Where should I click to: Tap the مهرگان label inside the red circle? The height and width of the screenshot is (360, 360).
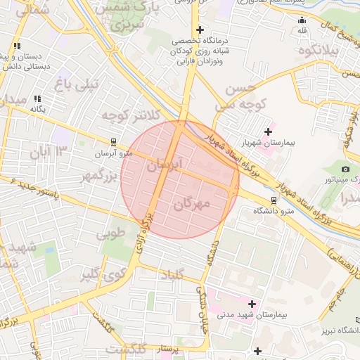(191, 205)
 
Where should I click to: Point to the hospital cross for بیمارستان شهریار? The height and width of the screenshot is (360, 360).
(268, 131)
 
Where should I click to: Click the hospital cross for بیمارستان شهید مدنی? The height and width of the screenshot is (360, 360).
(252, 304)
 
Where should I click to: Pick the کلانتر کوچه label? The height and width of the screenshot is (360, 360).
(131, 115)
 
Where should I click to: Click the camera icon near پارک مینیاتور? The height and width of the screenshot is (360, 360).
(345, 169)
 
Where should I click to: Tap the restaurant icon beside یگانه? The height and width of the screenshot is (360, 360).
(37, 99)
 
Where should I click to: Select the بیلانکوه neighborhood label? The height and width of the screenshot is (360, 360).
(318, 51)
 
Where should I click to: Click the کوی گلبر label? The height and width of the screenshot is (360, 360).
(96, 273)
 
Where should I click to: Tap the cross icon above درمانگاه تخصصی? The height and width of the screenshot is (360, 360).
(201, 30)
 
